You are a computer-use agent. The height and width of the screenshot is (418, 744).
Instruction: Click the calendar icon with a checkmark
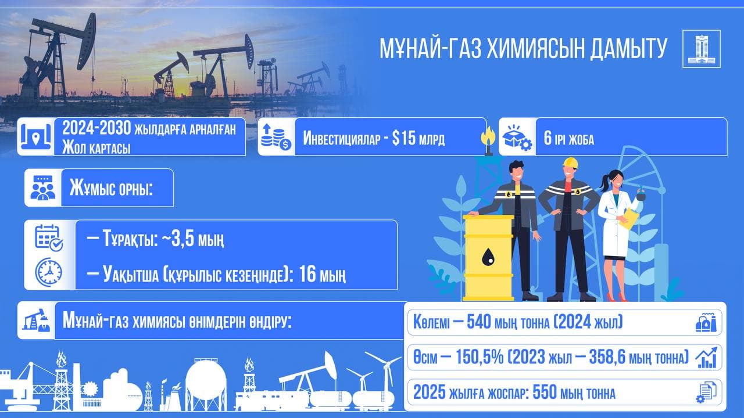[49, 237]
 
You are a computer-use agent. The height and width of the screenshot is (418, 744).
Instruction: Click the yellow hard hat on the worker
[570, 162]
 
